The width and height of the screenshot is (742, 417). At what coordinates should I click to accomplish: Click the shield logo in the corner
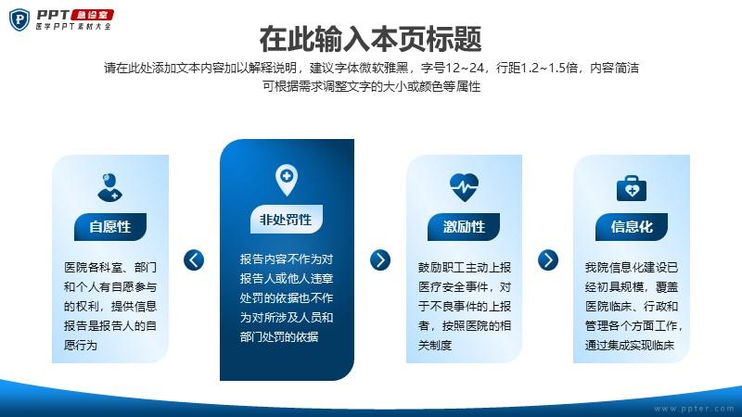click(x=19, y=19)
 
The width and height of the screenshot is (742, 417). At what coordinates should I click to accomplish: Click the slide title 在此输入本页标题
click(x=370, y=39)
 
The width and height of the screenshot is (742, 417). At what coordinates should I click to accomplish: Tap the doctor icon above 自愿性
click(x=109, y=187)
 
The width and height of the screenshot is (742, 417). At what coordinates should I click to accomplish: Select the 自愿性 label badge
click(x=110, y=226)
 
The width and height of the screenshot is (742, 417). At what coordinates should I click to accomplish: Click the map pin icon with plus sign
click(x=287, y=180)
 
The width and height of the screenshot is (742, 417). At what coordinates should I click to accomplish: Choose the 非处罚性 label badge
click(x=287, y=220)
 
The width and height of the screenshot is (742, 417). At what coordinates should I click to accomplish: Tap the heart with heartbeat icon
click(x=465, y=187)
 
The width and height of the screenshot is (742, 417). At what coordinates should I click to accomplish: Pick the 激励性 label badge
click(x=464, y=226)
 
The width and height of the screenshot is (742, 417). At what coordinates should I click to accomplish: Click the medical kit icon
click(x=632, y=188)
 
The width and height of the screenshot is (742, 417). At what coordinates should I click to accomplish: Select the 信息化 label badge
click(x=632, y=226)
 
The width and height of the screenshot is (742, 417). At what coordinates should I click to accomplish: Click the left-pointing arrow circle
click(x=194, y=260)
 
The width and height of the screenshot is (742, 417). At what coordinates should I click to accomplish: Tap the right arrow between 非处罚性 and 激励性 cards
click(x=380, y=260)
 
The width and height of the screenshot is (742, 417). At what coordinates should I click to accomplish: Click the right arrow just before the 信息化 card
click(x=548, y=260)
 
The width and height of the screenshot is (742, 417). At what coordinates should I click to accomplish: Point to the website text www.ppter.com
click(x=694, y=409)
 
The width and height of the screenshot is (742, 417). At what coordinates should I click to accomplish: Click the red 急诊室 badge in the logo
click(x=92, y=15)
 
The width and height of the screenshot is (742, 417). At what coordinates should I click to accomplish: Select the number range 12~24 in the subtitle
click(x=465, y=68)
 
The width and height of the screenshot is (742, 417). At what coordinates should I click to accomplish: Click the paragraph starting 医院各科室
click(x=110, y=307)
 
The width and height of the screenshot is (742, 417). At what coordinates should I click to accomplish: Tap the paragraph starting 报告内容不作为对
click(x=287, y=297)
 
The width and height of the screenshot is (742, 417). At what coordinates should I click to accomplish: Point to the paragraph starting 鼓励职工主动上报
click(x=465, y=307)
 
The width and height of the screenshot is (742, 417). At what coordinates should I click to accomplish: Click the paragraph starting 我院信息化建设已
click(x=633, y=307)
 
